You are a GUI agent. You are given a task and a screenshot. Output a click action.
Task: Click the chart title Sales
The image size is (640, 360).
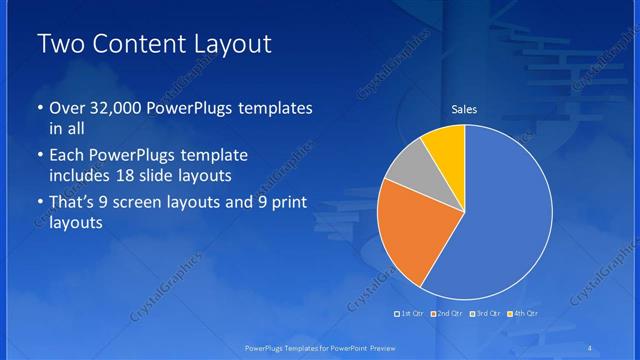[x=464, y=108]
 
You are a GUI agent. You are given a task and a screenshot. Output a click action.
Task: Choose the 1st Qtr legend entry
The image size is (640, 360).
[x=410, y=314]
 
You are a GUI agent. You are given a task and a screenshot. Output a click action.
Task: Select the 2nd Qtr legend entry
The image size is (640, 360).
[x=446, y=314]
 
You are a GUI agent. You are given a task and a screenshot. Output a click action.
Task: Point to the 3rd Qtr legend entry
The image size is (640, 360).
[x=483, y=314]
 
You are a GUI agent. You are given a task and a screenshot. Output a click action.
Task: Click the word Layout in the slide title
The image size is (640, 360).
[x=231, y=46]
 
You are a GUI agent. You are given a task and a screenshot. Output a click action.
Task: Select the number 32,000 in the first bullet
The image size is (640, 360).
[x=112, y=108]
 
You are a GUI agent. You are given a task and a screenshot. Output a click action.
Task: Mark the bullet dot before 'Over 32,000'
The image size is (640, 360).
[x=38, y=108]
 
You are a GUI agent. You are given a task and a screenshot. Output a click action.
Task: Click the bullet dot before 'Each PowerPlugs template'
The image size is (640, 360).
[x=38, y=157]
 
